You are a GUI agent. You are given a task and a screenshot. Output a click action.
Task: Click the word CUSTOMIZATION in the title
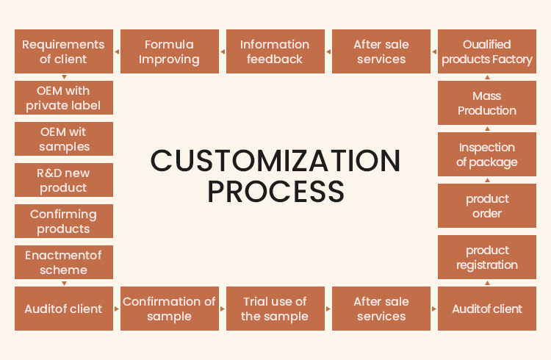pyautogui.click(x=275, y=161)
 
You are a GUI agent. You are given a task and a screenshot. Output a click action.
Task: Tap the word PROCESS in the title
pyautogui.click(x=275, y=191)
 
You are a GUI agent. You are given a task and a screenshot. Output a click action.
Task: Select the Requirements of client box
pyautogui.click(x=64, y=51)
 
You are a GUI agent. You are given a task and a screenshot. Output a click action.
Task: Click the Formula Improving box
pyautogui.click(x=169, y=51)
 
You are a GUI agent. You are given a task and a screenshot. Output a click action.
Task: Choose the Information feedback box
pyautogui.click(x=275, y=51)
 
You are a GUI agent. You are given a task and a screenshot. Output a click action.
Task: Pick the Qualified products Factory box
pyautogui.click(x=487, y=51)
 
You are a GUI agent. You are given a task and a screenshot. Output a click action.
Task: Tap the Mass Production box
pyautogui.click(x=487, y=103)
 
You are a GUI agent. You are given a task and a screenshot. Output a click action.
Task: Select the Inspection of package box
pyautogui.click(x=487, y=154)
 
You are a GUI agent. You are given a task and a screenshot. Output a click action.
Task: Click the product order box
pyautogui.click(x=487, y=206)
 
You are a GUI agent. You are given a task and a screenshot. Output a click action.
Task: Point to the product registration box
pyautogui.click(x=487, y=257)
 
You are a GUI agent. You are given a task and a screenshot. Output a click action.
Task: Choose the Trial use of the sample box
pyautogui.click(x=275, y=309)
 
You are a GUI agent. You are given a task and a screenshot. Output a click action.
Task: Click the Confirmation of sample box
pyautogui.click(x=169, y=309)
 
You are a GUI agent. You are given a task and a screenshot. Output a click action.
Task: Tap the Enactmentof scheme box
pyautogui.click(x=64, y=262)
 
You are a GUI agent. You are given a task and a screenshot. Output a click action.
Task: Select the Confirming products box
pyautogui.click(x=64, y=221)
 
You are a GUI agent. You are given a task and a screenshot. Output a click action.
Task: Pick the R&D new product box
pyautogui.click(x=64, y=180)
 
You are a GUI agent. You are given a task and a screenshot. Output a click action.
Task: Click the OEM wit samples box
pyautogui.click(x=64, y=139)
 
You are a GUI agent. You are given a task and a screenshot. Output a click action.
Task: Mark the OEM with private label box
pyautogui.click(x=64, y=98)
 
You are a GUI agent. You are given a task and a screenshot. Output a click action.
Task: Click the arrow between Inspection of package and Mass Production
pyautogui.click(x=487, y=129)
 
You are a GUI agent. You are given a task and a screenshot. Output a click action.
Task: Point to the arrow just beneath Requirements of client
pyautogui.click(x=65, y=77)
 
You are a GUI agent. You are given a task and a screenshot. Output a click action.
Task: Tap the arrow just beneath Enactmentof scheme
pyautogui.click(x=65, y=283)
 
